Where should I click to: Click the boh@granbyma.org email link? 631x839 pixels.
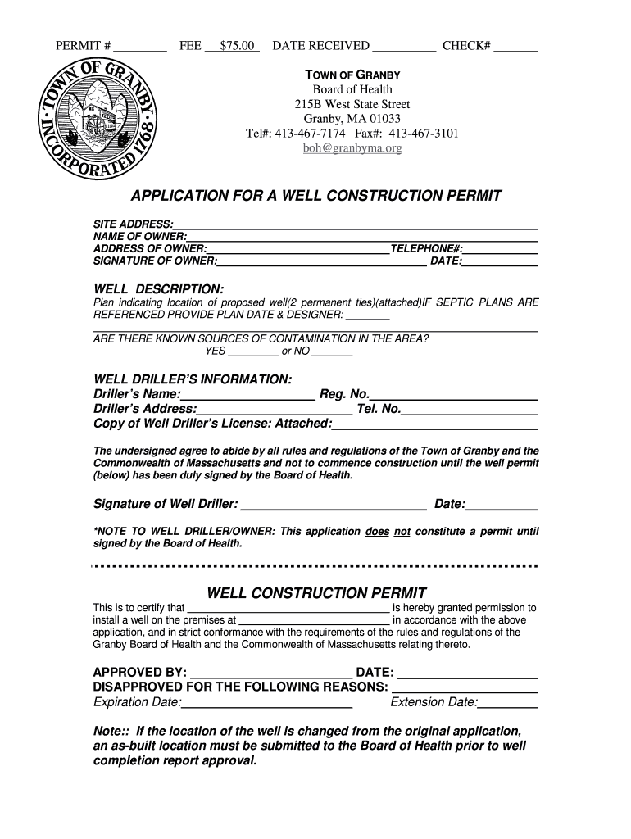pyautogui.click(x=352, y=148)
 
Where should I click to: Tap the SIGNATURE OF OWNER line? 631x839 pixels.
pyautogui.click(x=321, y=262)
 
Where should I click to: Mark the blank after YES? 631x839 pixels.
pyautogui.click(x=252, y=352)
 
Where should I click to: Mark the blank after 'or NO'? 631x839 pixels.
pyautogui.click(x=332, y=352)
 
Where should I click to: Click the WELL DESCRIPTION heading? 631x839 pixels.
pyautogui.click(x=159, y=290)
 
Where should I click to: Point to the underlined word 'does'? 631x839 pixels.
pyautogui.click(x=377, y=531)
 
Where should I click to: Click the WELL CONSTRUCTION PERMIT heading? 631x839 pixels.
pyautogui.click(x=316, y=592)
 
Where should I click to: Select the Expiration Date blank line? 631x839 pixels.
pyautogui.click(x=266, y=704)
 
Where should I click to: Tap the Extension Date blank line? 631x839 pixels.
pyautogui.click(x=507, y=704)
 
